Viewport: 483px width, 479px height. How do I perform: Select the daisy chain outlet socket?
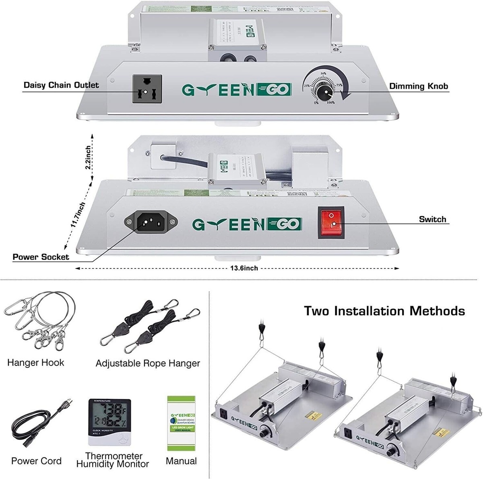tap(147, 89)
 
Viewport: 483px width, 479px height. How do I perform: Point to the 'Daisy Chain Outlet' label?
tap(61, 85)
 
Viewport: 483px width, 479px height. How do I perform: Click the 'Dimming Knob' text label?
tap(418, 86)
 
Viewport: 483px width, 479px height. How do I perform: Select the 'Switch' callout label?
tap(432, 219)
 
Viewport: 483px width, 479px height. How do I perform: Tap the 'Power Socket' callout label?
tap(41, 257)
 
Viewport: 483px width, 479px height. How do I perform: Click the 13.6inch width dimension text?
tap(244, 268)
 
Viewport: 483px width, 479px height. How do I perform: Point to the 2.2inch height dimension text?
tap(88, 157)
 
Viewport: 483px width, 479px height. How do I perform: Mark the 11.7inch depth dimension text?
tap(78, 215)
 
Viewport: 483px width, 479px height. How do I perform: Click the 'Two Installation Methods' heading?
tap(384, 311)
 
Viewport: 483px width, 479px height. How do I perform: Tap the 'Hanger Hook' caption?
tap(35, 363)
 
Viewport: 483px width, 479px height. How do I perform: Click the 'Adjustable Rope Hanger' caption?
tap(148, 363)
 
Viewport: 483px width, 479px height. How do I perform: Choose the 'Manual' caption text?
tap(181, 461)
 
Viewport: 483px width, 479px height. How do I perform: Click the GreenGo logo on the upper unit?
tap(236, 89)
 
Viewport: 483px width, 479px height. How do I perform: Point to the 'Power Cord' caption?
tap(36, 461)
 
